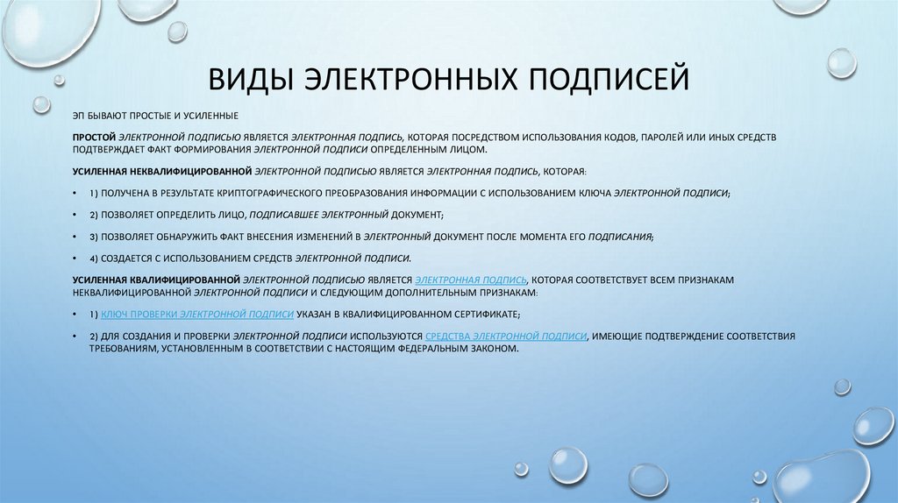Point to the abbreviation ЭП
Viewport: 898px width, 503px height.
tap(79, 117)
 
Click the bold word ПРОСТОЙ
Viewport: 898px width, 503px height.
tap(94, 138)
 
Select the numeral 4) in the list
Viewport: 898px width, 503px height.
tap(94, 259)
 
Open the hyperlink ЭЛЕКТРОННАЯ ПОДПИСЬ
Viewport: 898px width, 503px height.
tap(472, 280)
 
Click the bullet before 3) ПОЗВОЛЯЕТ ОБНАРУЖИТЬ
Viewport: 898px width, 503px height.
tap(76, 237)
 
